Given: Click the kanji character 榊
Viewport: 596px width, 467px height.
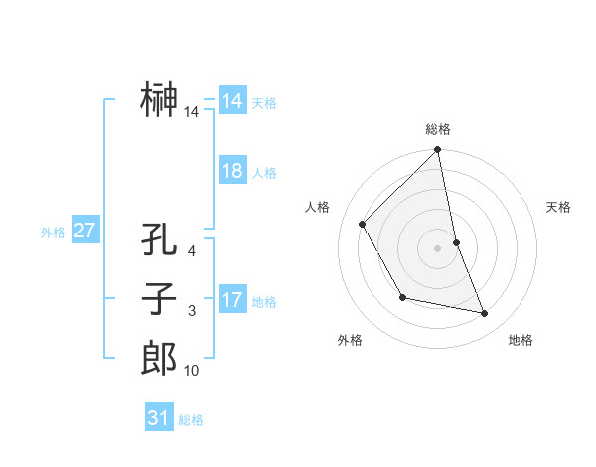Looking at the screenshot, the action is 159,101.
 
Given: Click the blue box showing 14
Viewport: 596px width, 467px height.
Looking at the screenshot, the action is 231,101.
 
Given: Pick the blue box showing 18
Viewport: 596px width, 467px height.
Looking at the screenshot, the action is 231,171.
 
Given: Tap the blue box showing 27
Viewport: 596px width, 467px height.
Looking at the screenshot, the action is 84,231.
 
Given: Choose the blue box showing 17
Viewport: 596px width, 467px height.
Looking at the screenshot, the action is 231,300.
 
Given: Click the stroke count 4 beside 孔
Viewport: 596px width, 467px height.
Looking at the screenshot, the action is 192,252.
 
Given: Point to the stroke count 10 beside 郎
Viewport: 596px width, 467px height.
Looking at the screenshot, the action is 192,371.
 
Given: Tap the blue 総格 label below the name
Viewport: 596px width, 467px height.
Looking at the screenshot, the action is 191,420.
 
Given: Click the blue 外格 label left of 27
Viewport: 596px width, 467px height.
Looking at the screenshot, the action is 53,233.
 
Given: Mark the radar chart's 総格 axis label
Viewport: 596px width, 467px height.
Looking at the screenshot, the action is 438,129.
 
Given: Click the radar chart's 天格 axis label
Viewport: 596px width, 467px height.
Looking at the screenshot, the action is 558,207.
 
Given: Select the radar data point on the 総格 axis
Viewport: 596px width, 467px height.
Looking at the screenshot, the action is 438,151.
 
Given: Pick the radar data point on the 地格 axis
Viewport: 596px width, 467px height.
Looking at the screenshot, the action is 485,313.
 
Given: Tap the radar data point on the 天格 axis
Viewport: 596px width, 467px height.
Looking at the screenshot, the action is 456,242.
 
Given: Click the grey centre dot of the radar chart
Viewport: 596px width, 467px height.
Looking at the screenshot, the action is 438,248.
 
